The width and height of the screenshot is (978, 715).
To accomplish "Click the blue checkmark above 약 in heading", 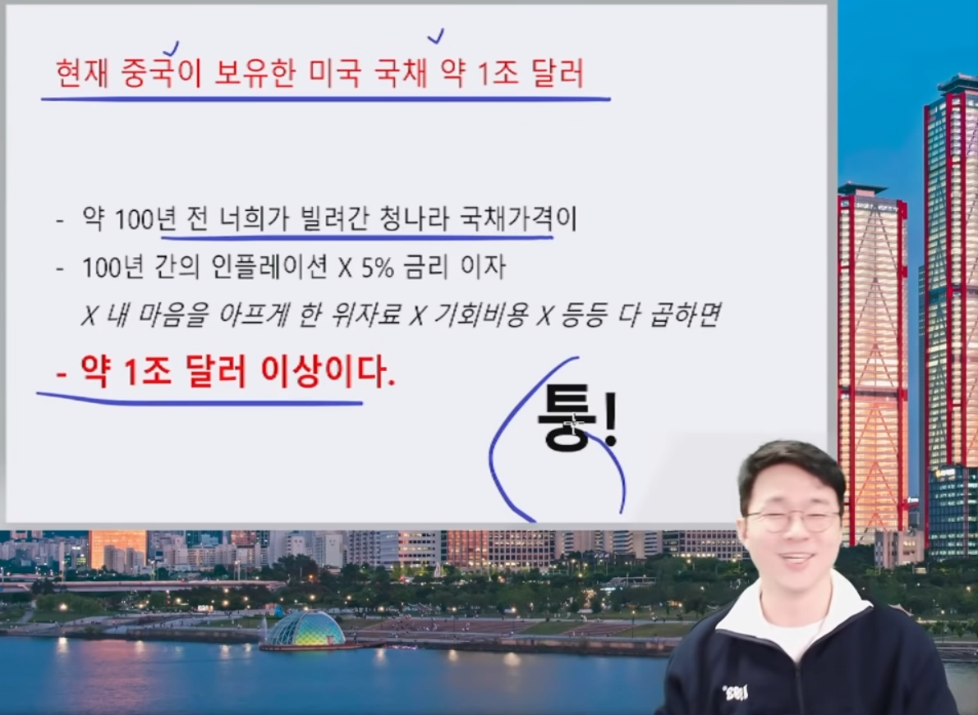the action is tap(436, 36).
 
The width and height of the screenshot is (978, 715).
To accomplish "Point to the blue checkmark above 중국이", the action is tap(171, 48).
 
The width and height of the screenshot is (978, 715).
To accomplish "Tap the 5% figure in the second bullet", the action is tap(376, 268).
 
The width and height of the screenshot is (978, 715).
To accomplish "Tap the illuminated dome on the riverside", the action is tap(305, 629).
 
